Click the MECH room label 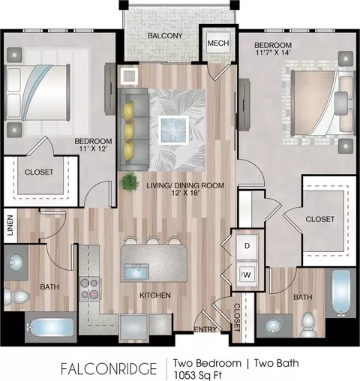218,43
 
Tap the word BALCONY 165,35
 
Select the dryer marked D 247,246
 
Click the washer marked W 247,275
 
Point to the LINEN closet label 10,225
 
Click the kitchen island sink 136,271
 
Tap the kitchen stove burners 89,289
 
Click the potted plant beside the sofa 129,181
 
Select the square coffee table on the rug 173,130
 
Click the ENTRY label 205,330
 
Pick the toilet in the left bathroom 16,296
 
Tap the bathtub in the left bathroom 50,327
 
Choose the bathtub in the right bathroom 340,293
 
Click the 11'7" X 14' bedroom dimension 273,52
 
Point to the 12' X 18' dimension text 185,193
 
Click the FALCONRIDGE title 109,369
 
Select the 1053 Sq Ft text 198,375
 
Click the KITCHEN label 155,295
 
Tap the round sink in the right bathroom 274,325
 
